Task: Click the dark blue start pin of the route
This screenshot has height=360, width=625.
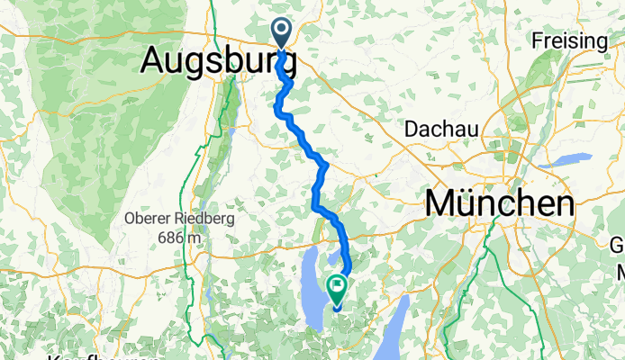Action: click(282, 33)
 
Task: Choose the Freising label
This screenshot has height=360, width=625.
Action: click(570, 40)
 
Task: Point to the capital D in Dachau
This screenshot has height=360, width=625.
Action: click(412, 129)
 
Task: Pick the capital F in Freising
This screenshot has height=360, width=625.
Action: click(538, 40)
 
